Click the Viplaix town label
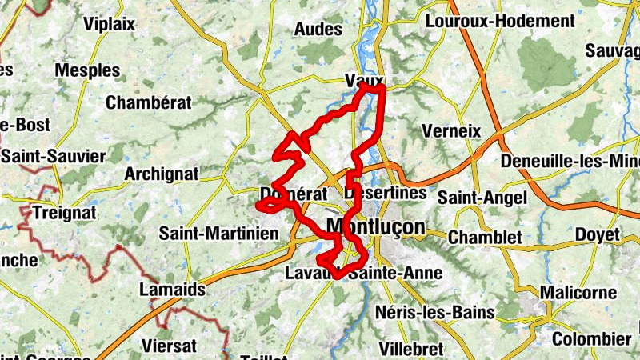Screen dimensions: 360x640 pyautogui.click(x=108, y=24)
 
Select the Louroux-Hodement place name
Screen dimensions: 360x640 pyautogui.click(x=505, y=22)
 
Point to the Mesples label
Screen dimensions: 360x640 pyautogui.click(x=86, y=70)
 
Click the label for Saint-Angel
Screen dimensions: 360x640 pyautogui.click(x=482, y=197)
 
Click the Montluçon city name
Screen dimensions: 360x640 pyautogui.click(x=376, y=227)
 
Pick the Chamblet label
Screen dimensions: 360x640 pyautogui.click(x=485, y=238)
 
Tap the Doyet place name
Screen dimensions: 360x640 pyautogui.click(x=598, y=235)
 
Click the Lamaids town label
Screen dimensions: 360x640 pyautogui.click(x=172, y=289)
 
